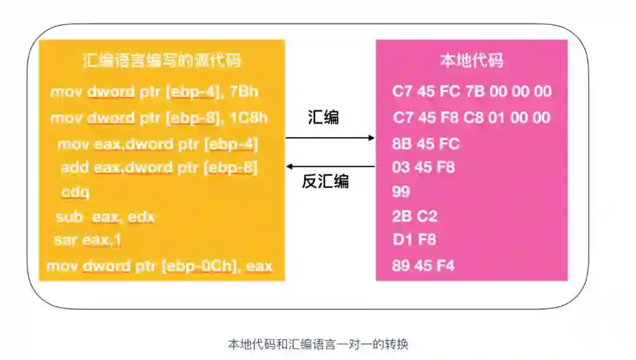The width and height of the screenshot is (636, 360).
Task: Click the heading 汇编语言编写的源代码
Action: pyautogui.click(x=162, y=61)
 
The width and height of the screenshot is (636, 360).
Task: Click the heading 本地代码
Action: pyautogui.click(x=472, y=61)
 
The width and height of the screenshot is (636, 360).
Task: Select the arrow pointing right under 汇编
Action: pyautogui.click(x=330, y=138)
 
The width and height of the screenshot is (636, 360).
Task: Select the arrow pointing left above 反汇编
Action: pyautogui.click(x=330, y=167)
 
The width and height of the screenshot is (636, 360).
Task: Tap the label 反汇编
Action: pyautogui.click(x=325, y=181)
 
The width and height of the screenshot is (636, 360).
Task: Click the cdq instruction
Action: pyautogui.click(x=75, y=192)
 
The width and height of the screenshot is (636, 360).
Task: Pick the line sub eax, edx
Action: pyautogui.click(x=105, y=217)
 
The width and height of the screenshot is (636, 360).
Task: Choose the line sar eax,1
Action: pyautogui.click(x=88, y=240)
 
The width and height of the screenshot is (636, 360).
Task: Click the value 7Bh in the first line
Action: pyautogui.click(x=244, y=92)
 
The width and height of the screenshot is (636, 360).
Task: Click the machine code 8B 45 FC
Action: pyautogui.click(x=426, y=144)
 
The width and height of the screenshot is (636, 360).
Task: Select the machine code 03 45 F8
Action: pyautogui.click(x=423, y=167)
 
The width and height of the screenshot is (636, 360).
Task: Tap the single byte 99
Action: pyautogui.click(x=401, y=192)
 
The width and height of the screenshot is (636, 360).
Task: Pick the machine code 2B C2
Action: pyautogui.click(x=415, y=216)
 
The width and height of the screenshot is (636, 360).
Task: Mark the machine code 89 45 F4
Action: pyautogui.click(x=423, y=266)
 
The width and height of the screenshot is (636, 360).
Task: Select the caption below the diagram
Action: pyautogui.click(x=318, y=344)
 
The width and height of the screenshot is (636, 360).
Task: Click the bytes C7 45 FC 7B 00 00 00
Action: pyautogui.click(x=472, y=91)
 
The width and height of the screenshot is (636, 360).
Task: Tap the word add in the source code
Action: pyautogui.click(x=75, y=168)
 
